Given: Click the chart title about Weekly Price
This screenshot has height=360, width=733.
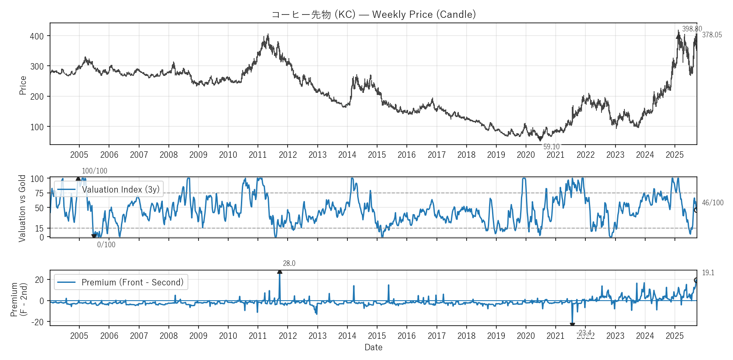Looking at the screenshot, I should (x=373, y=14).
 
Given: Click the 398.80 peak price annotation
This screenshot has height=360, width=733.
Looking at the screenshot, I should (x=692, y=29).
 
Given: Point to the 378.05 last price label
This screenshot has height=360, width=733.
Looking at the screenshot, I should (x=712, y=35).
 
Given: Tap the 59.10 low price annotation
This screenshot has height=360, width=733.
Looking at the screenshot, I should (x=551, y=147).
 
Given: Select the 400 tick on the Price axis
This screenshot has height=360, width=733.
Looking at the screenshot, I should (x=37, y=36).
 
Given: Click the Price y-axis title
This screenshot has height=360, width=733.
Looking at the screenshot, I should (x=23, y=85).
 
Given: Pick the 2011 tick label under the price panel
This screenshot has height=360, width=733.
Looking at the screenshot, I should (x=258, y=155).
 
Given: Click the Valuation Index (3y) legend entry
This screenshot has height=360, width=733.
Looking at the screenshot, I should (x=120, y=190).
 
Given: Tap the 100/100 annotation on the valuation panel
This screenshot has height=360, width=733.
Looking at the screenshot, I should (x=94, y=171).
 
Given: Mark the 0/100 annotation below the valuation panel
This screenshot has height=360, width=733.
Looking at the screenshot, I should (x=106, y=245).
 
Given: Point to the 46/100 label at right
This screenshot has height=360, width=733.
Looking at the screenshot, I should (x=713, y=203).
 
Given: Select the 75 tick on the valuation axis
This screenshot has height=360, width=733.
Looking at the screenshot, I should (x=39, y=193).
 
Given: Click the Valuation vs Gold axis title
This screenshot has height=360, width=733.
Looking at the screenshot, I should (x=22, y=208).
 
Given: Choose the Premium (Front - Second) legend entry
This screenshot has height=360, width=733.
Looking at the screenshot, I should (x=132, y=282).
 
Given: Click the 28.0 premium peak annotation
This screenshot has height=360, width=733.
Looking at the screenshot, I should (x=289, y=263).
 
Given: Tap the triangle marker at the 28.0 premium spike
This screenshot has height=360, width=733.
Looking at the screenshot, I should (x=280, y=272).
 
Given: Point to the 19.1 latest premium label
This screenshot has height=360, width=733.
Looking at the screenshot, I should (x=708, y=273).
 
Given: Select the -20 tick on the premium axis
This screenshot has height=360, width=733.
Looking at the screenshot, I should (x=38, y=322).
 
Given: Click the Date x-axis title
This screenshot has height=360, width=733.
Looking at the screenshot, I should (x=373, y=347).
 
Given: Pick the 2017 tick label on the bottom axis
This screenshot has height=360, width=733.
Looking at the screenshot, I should (x=436, y=336).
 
